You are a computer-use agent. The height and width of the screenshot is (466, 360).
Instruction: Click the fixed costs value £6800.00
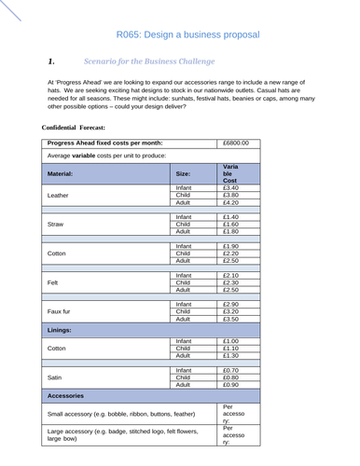pos(238,144)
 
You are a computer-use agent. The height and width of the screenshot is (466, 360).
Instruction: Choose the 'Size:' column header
pos(183,173)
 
